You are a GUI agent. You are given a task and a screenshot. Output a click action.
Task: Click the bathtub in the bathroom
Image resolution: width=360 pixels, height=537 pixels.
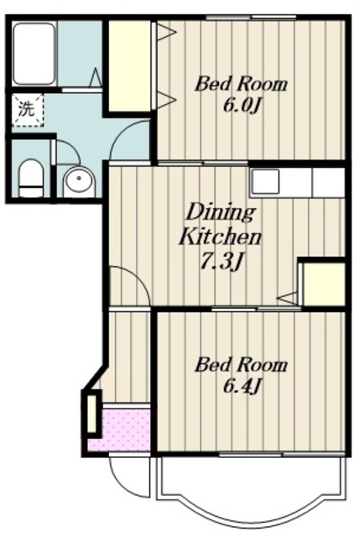click(x=34, y=54)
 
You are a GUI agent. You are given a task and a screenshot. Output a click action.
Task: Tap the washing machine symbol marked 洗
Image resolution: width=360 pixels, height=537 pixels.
click(x=28, y=110)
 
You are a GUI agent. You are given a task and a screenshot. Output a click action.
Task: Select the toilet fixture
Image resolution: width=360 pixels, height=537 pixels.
click(x=31, y=178)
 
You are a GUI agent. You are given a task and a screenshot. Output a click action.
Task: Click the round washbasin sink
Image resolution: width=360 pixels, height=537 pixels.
click(x=80, y=180)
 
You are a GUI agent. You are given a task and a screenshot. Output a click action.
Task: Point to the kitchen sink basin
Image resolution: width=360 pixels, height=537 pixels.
click(x=266, y=181)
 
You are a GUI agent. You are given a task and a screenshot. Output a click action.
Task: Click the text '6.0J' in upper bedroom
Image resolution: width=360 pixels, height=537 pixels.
click(x=242, y=106)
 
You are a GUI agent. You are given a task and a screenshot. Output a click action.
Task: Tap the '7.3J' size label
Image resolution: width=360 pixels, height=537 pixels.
click(x=222, y=263)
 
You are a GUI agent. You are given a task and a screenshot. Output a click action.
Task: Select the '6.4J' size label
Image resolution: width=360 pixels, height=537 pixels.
click(x=242, y=387)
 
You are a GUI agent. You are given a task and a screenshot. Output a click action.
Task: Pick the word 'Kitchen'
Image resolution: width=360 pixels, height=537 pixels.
click(x=220, y=237)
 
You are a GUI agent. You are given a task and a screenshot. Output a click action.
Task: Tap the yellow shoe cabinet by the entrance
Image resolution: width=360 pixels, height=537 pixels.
click(x=91, y=414)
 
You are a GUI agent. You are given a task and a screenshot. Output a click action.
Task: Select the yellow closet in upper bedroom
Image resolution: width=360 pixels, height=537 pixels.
click(x=130, y=65)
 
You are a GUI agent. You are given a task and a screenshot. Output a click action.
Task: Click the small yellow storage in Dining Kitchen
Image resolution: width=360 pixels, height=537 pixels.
click(x=324, y=284)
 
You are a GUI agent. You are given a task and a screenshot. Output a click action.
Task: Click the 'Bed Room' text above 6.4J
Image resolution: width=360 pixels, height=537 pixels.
click(x=241, y=365)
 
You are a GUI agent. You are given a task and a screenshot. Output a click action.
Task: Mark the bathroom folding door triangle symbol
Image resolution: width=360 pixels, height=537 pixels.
click(x=96, y=77)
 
